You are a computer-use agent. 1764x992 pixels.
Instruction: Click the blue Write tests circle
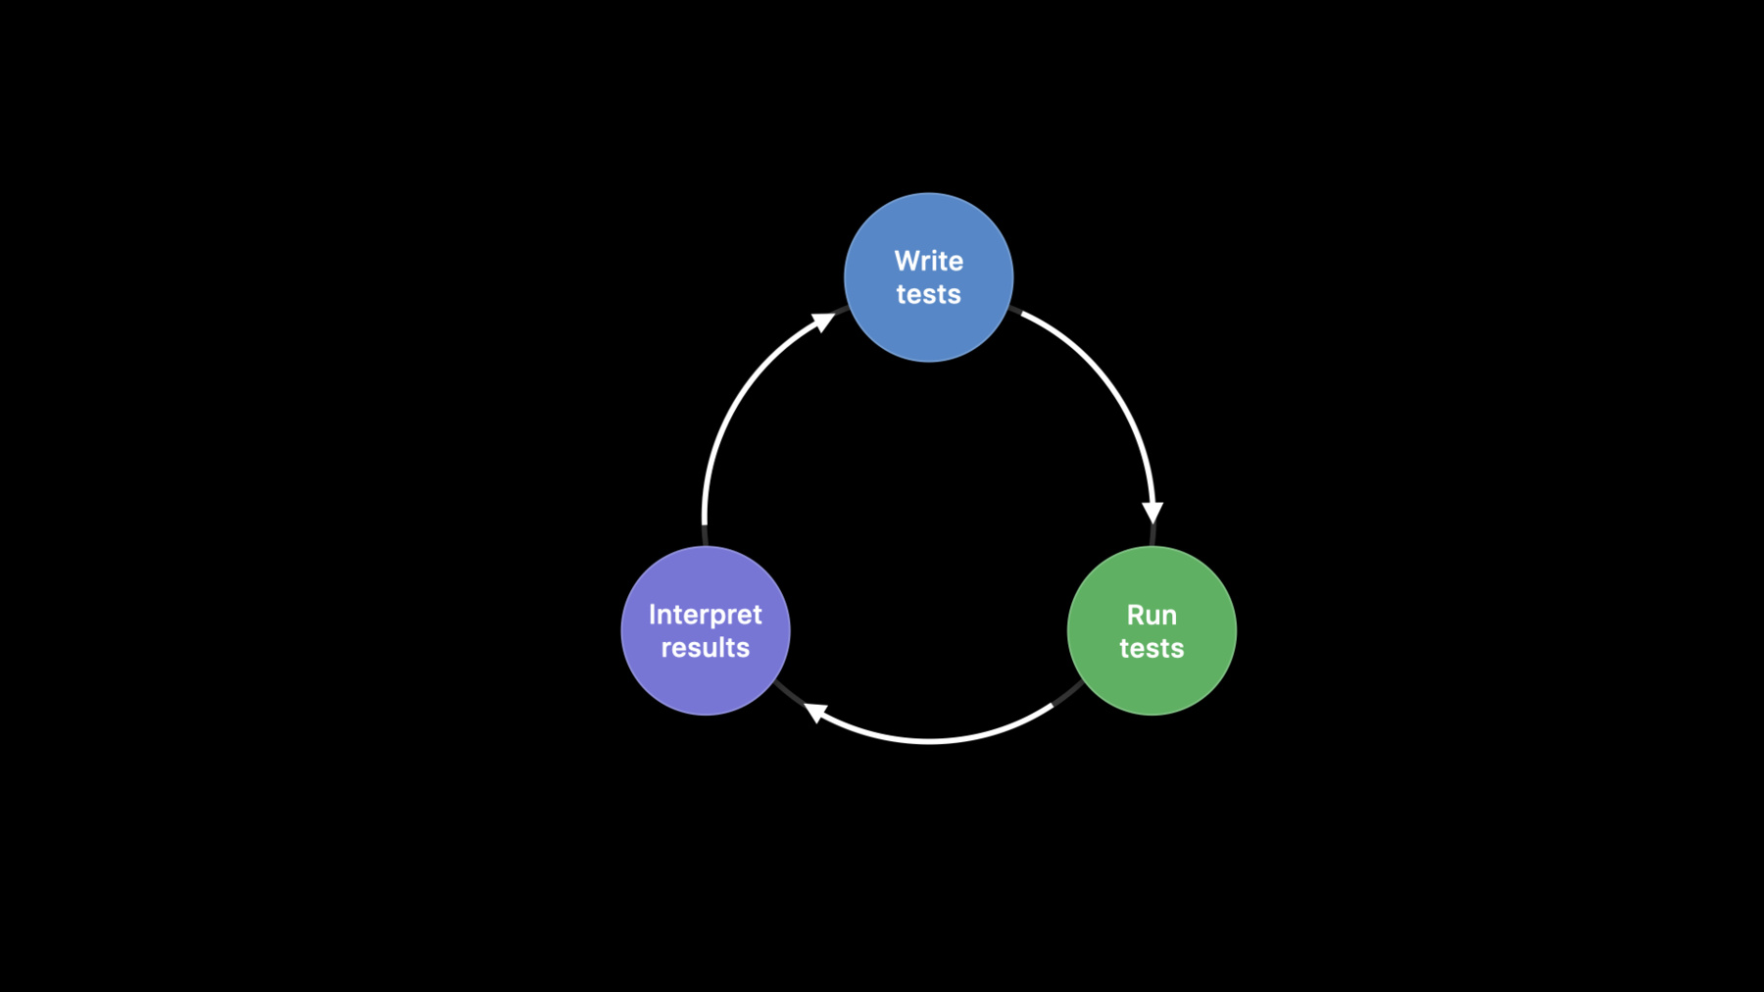(929, 277)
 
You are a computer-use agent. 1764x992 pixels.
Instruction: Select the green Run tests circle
(1151, 630)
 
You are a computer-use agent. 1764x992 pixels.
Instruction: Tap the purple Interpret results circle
(706, 630)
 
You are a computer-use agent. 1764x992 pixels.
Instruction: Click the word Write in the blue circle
(929, 261)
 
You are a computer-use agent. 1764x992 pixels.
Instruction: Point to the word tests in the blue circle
(929, 294)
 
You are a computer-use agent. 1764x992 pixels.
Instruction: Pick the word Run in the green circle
(1151, 615)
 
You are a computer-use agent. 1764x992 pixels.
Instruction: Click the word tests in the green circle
(1151, 648)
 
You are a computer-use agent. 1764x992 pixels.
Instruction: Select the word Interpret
(706, 615)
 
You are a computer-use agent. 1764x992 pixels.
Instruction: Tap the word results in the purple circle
(706, 647)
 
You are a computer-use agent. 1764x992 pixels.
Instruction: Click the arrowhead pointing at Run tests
(1152, 512)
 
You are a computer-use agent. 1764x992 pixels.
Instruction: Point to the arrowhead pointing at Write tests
(824, 322)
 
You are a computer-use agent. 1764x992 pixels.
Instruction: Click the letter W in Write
(907, 261)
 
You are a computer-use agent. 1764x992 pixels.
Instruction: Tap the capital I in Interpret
(652, 615)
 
